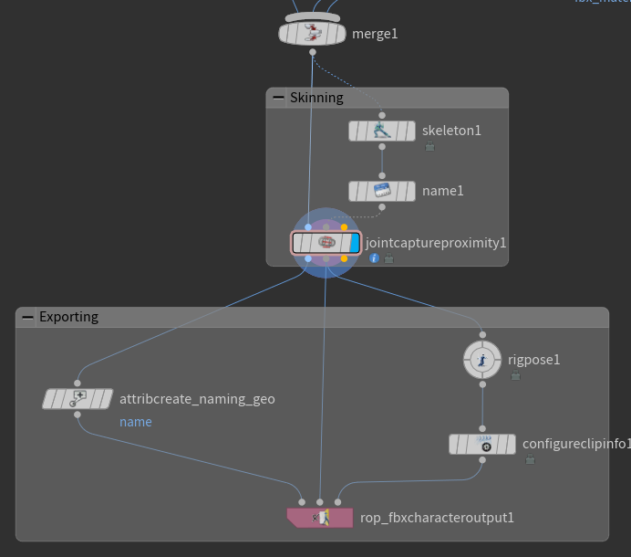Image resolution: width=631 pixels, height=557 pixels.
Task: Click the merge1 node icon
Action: (313, 34)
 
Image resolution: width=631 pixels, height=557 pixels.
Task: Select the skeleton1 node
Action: (382, 131)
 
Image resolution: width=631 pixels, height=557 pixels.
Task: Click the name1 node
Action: (382, 191)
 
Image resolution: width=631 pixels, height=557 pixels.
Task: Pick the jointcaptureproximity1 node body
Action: (326, 243)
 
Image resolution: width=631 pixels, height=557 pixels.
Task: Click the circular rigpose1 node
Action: (482, 360)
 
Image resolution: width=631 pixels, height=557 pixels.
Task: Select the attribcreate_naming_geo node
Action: (78, 399)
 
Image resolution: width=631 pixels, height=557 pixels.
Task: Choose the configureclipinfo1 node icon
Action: (482, 444)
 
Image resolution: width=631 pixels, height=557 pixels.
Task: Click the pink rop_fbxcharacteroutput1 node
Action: (319, 518)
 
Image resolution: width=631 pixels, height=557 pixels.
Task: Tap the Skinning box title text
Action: (316, 98)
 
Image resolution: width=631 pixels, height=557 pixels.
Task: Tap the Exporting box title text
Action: (68, 318)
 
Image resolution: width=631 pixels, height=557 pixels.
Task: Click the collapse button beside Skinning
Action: (277, 98)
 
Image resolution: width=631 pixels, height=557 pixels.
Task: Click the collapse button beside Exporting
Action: (27, 318)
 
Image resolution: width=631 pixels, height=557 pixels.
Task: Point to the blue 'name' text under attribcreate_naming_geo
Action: (136, 422)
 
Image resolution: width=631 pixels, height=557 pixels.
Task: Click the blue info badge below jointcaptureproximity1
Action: (374, 258)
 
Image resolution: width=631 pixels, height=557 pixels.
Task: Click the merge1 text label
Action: (375, 34)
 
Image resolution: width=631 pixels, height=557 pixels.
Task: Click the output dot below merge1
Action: (313, 52)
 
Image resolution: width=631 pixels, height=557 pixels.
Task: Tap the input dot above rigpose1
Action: (482, 334)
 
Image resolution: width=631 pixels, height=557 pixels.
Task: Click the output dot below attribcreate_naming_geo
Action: (78, 415)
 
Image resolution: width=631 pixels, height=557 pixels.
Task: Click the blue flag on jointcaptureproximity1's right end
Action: (355, 243)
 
